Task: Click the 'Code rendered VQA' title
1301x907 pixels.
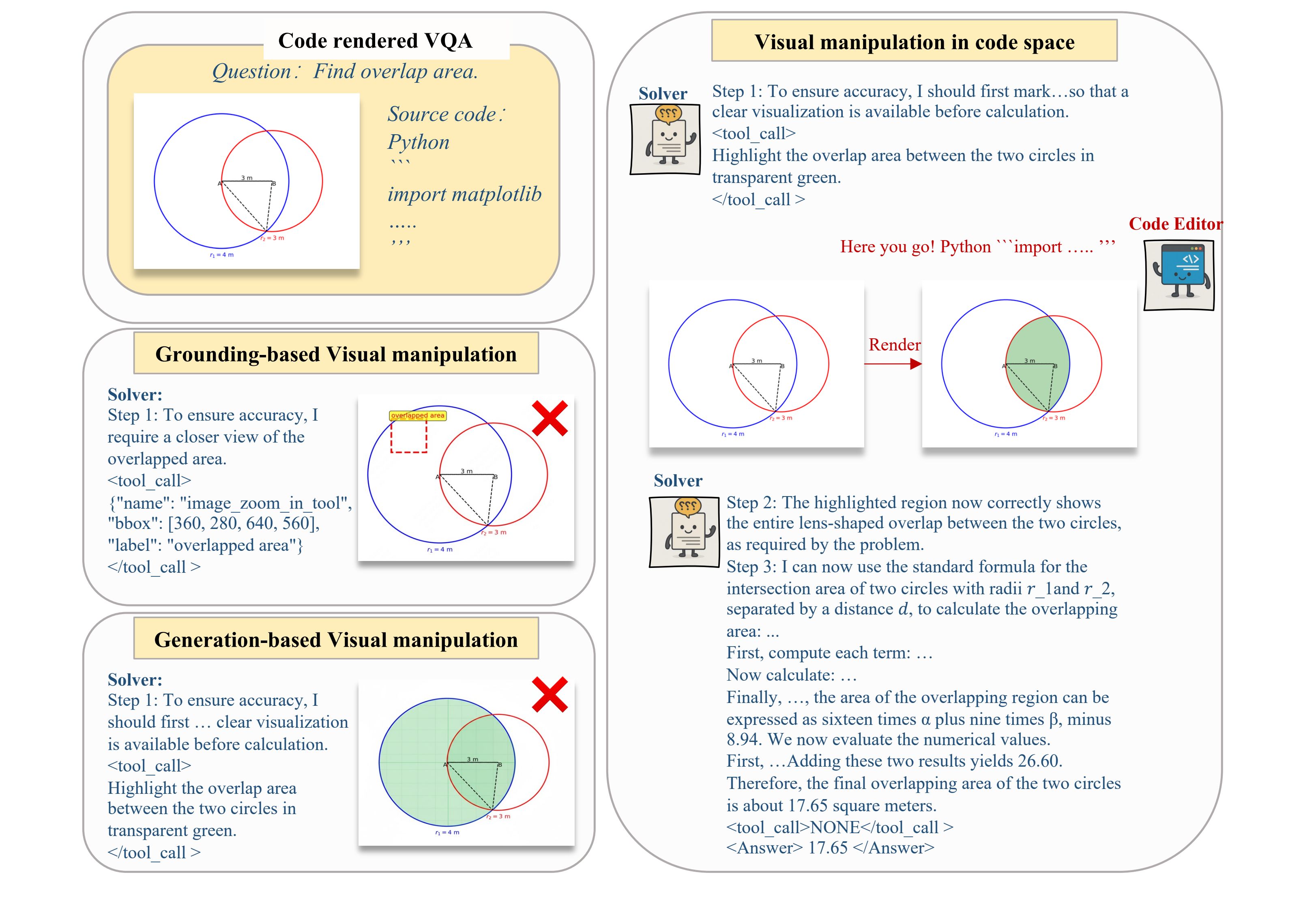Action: tap(375, 41)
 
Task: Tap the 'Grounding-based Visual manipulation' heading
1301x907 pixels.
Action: tap(336, 354)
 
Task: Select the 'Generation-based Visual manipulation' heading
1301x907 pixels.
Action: tap(336, 640)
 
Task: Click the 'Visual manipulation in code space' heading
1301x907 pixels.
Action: tap(914, 42)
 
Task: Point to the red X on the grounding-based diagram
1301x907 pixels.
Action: tap(550, 418)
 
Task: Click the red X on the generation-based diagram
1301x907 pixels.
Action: tap(550, 694)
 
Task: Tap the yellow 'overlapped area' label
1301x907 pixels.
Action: tap(418, 415)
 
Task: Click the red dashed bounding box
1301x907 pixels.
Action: tap(408, 436)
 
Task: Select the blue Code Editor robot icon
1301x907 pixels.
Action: tap(1179, 275)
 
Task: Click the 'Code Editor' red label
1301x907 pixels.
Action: tap(1175, 224)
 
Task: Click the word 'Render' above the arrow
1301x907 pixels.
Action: tap(894, 345)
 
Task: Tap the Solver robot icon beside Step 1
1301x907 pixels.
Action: tap(665, 139)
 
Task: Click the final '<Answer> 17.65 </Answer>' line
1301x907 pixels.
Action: tap(830, 848)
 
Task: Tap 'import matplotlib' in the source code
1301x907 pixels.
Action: tap(464, 194)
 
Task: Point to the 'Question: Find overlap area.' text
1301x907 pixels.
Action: tap(345, 72)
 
